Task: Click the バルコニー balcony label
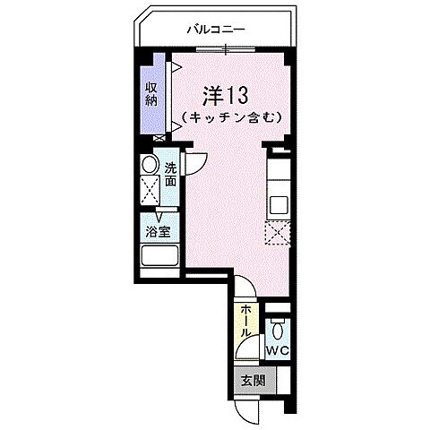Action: [x=216, y=29]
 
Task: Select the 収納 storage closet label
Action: [x=151, y=93]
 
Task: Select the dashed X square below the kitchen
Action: [x=278, y=231]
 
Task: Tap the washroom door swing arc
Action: [x=194, y=165]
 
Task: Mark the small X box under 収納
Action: [x=159, y=138]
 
